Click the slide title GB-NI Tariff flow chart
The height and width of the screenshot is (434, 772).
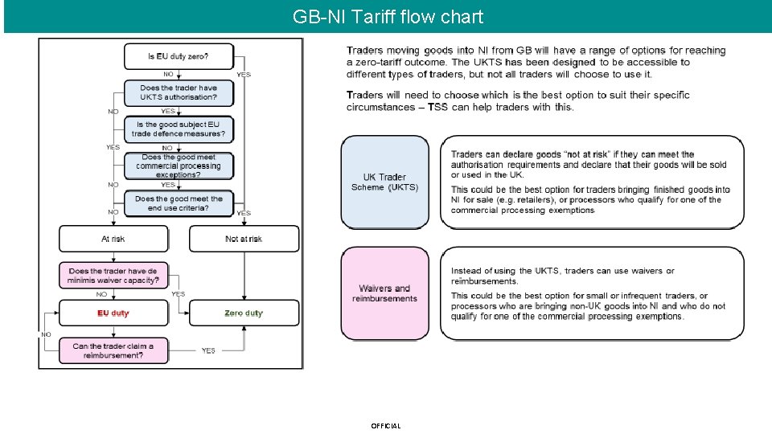click(388, 17)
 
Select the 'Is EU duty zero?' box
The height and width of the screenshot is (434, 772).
click(178, 56)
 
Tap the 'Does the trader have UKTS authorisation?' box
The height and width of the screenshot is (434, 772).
click(178, 92)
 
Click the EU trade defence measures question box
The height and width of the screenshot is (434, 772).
click(178, 129)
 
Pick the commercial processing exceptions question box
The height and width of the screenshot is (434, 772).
click(178, 166)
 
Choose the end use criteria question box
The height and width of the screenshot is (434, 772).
click(178, 203)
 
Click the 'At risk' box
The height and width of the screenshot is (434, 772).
click(113, 239)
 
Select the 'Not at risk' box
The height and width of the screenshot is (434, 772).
click(244, 239)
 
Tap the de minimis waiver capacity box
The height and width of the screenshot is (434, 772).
click(113, 276)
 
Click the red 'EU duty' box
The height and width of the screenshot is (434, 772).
click(113, 313)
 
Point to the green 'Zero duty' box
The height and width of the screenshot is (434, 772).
click(244, 313)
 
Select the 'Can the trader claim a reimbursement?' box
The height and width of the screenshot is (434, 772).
click(113, 350)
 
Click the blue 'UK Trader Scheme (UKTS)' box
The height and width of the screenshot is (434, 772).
click(385, 182)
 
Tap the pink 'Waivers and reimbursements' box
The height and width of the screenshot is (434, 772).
click(385, 293)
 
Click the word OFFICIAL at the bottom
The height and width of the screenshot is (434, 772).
click(386, 426)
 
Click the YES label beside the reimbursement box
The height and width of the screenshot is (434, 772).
click(208, 350)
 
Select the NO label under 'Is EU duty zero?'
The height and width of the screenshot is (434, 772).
click(168, 75)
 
